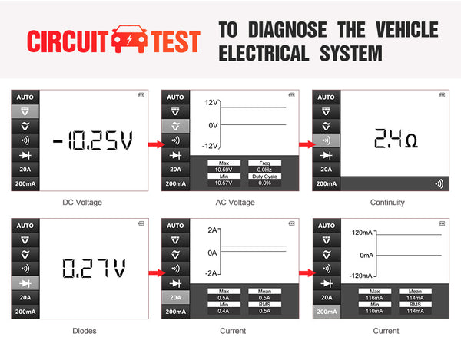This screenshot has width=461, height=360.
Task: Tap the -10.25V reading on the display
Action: pyautogui.click(x=92, y=141)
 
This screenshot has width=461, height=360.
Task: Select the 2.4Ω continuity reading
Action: pyautogui.click(x=396, y=140)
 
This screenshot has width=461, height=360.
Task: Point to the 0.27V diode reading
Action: pyautogui.click(x=94, y=269)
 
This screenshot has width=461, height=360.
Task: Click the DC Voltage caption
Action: pyautogui.click(x=81, y=203)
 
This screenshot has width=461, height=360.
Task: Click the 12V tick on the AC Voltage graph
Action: pyautogui.click(x=211, y=102)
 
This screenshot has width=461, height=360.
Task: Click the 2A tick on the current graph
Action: pyautogui.click(x=213, y=230)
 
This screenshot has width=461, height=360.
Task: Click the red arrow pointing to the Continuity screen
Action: pyautogui.click(x=306, y=144)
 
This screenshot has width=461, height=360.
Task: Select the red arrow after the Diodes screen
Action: pyautogui.click(x=154, y=272)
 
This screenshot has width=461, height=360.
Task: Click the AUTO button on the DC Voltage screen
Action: pyautogui.click(x=24, y=97)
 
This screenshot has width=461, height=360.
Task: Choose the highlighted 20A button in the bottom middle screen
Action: pyautogui.click(x=175, y=298)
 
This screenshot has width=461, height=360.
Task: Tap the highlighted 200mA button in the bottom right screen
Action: pyautogui.click(x=327, y=312)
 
